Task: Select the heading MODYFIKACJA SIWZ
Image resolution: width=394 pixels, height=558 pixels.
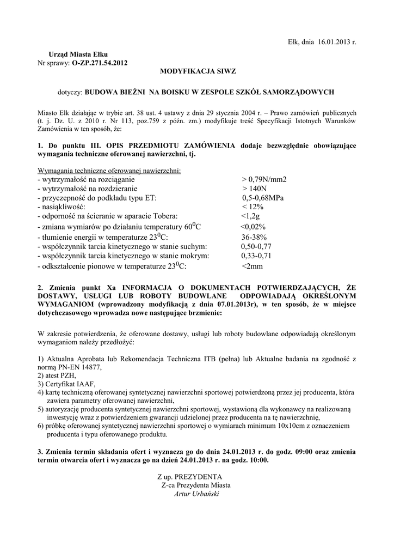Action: (x=197, y=71)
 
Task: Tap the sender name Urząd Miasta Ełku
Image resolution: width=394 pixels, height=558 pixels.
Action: (x=78, y=54)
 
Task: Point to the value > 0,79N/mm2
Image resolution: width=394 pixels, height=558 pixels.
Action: (x=264, y=179)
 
